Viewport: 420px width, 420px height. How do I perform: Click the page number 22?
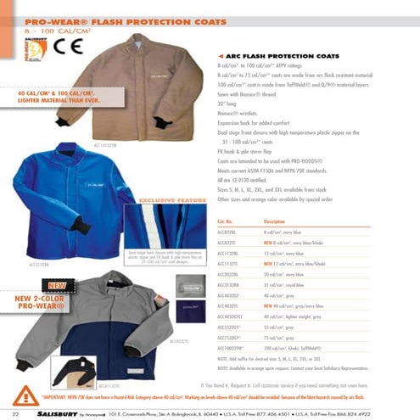click(16, 412)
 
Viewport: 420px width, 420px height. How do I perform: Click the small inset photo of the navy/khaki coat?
click(72, 372)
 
